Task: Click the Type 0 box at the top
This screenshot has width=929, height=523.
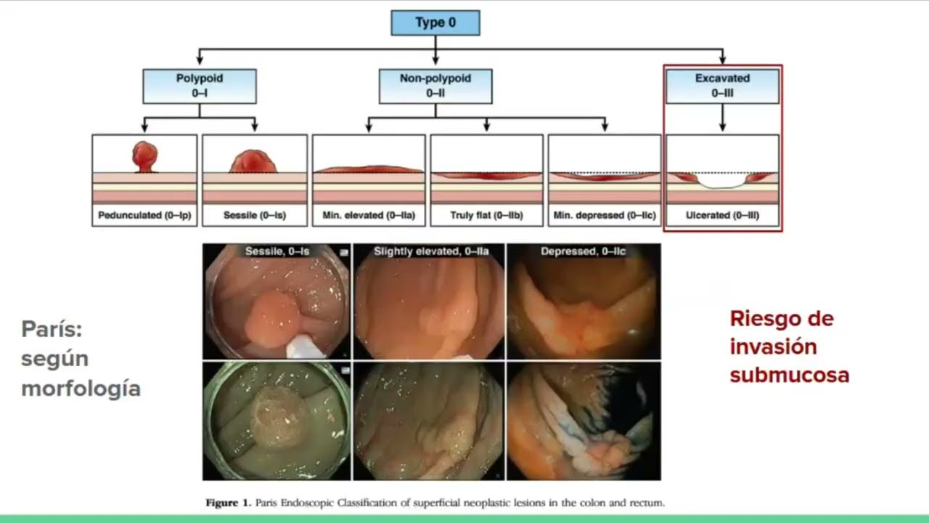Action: point(435,23)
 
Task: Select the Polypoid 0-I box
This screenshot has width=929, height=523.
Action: point(200,86)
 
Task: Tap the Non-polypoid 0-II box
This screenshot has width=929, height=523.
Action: point(435,86)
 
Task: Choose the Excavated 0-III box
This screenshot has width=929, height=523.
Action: point(722,86)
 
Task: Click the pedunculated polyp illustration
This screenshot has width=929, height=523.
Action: point(144,156)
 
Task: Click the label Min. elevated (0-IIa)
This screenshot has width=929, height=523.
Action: point(369,216)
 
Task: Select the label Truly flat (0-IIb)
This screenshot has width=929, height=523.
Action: point(486,216)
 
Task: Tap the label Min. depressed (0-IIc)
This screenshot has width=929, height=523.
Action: point(604,216)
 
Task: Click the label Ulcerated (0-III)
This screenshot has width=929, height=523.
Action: point(722,216)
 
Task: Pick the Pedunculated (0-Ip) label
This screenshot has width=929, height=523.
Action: point(144,216)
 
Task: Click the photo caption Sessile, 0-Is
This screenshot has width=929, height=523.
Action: point(277,251)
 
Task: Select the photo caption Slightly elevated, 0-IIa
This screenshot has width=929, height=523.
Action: point(431,251)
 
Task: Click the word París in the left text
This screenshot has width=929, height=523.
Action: point(52,329)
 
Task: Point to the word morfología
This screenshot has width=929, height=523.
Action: point(81,388)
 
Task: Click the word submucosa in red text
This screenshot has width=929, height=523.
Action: point(789,375)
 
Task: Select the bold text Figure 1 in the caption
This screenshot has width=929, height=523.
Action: point(227,503)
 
